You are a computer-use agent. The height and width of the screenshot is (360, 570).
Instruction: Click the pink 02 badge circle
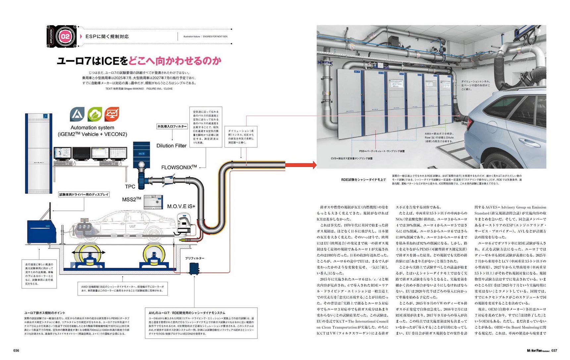65,36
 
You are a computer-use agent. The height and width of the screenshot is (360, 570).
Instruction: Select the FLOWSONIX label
179,167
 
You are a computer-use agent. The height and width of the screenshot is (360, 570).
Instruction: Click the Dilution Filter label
171,146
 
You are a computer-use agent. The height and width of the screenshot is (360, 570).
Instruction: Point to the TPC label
130,187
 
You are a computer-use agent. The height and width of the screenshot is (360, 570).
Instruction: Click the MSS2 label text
131,199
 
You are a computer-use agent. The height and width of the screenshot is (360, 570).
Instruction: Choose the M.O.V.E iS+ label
181,206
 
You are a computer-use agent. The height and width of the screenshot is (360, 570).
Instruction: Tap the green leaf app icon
95,114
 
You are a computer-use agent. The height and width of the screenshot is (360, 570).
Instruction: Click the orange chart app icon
112,114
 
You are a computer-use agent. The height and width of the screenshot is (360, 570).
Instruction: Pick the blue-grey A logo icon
77,114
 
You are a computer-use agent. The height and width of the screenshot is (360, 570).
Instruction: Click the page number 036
16,350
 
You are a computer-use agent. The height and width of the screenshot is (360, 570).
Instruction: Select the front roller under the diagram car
155,256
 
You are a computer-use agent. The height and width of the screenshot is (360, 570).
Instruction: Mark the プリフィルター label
195,258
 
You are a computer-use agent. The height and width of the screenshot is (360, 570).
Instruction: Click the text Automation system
92,128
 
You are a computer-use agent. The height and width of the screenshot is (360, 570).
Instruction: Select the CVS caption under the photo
351,158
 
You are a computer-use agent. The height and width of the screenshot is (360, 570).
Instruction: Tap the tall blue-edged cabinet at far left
39,153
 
